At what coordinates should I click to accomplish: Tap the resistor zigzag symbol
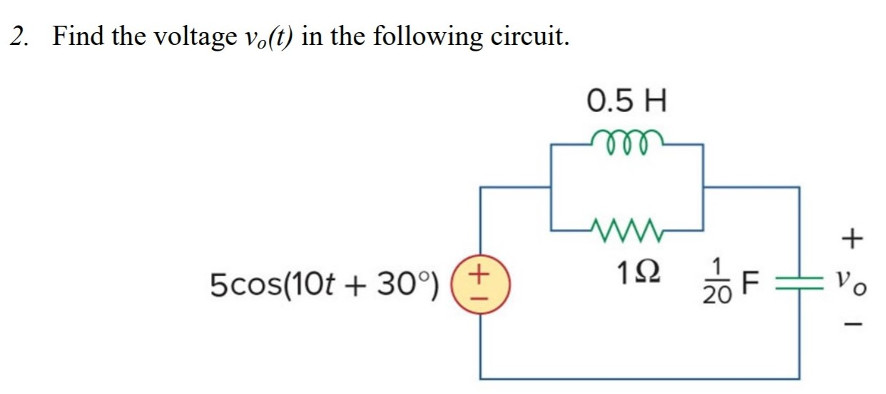point(626,229)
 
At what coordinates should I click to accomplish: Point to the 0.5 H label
point(626,101)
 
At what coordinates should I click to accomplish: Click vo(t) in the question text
point(264,36)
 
